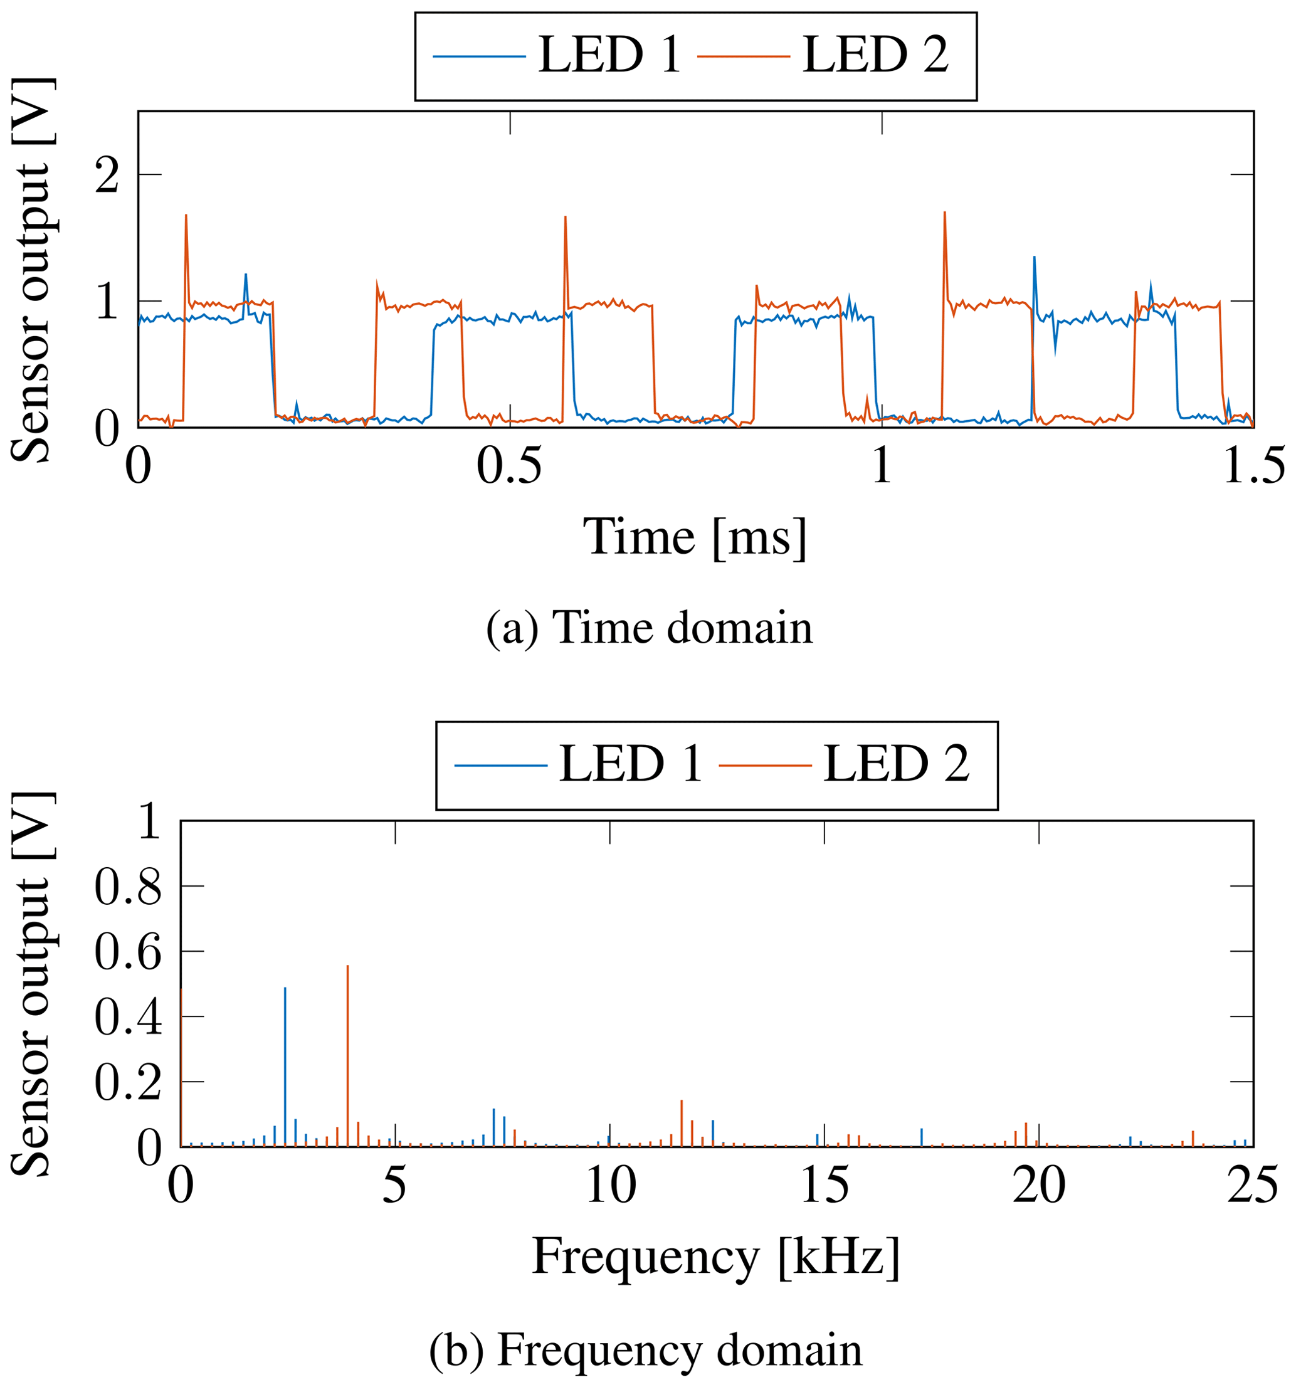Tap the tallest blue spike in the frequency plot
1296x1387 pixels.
click(x=285, y=991)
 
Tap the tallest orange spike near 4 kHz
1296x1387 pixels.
click(x=347, y=970)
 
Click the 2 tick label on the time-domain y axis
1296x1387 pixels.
click(x=107, y=175)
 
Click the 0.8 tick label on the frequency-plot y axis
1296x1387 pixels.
click(x=128, y=887)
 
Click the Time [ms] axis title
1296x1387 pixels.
click(x=695, y=538)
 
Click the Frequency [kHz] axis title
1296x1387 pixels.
click(x=715, y=1257)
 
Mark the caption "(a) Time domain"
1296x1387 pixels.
click(x=649, y=627)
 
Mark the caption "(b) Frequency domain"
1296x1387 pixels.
click(x=645, y=1349)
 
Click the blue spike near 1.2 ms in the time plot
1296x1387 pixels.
click(x=1034, y=260)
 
